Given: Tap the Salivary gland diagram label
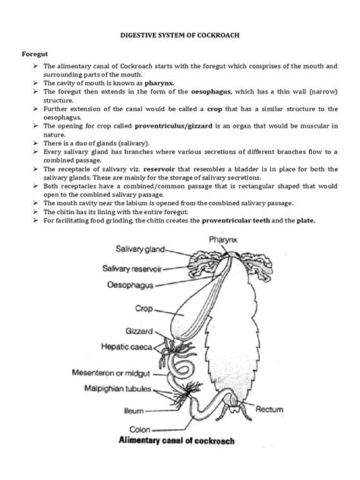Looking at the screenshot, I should point(143,248).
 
